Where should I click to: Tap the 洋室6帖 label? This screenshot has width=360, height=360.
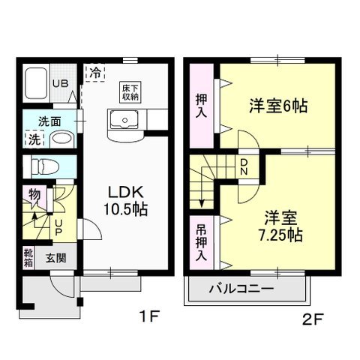pos(279,106)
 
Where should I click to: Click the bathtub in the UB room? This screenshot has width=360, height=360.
pos(36,84)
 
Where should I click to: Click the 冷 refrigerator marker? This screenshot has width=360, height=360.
pos(95,73)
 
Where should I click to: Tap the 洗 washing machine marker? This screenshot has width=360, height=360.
pos(34,139)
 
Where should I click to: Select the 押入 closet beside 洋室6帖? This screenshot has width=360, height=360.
pos(202,105)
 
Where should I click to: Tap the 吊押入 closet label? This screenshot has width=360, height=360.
pos(202,241)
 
